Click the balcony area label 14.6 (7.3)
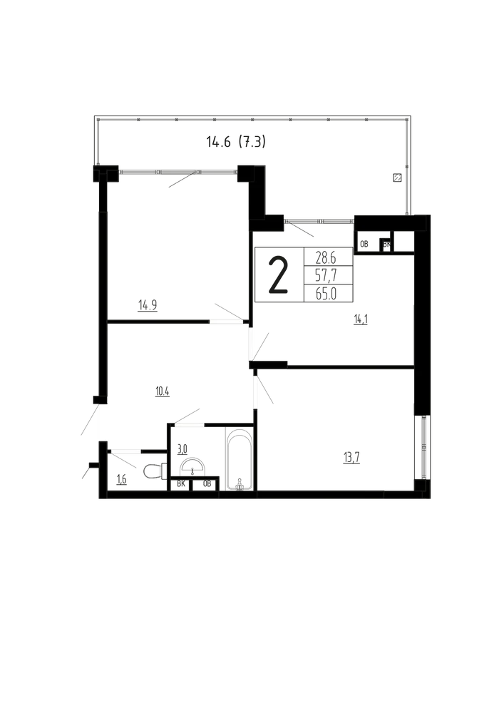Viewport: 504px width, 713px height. tap(236, 143)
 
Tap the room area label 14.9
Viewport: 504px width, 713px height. tap(148, 304)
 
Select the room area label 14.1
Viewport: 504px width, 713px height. tap(361, 319)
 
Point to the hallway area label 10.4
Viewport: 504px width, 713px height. tap(163, 391)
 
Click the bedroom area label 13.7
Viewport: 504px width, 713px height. tap(351, 458)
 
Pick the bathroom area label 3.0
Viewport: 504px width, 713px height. tap(182, 450)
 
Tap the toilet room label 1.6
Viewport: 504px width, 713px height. tap(121, 479)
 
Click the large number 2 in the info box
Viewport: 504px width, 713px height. tap(279, 275)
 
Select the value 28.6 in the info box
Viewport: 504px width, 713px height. tap(326, 259)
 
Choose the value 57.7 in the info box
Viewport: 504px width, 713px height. tap(326, 276)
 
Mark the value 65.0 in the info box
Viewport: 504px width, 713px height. tap(326, 294)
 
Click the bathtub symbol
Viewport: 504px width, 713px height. tap(240, 458)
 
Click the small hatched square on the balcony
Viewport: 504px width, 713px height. tap(397, 178)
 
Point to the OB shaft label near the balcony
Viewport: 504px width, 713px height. tap(364, 244)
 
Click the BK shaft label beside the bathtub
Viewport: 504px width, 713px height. tap(181, 484)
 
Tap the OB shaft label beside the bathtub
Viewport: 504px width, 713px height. tap(207, 484)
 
